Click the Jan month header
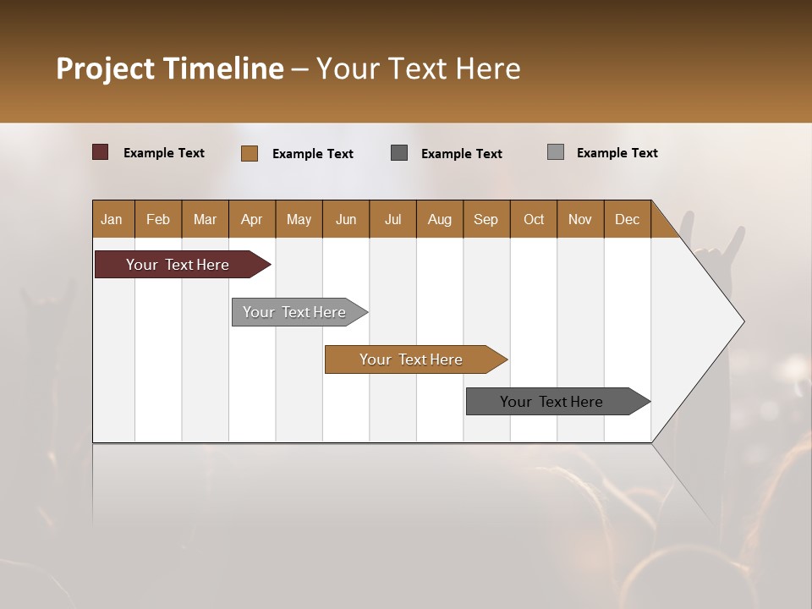[x=112, y=219]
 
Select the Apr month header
[x=252, y=219]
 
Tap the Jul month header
[x=392, y=219]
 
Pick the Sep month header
[x=486, y=219]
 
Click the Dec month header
[x=627, y=219]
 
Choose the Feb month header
[x=158, y=219]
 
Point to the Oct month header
[x=534, y=219]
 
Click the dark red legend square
[x=101, y=152]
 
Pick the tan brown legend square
[x=250, y=153]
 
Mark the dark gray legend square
[x=399, y=152]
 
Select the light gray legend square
[x=556, y=152]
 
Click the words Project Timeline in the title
[x=170, y=69]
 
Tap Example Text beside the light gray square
[x=617, y=153]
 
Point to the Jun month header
[x=346, y=219]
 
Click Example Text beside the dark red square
[x=163, y=153]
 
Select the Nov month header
[x=580, y=219]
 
